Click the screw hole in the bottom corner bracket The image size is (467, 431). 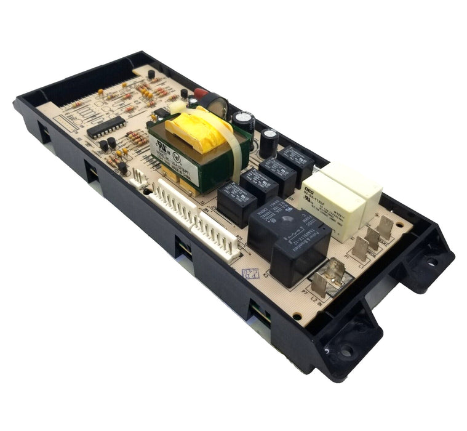(348, 350)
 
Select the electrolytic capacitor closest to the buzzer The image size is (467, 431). (239, 121)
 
